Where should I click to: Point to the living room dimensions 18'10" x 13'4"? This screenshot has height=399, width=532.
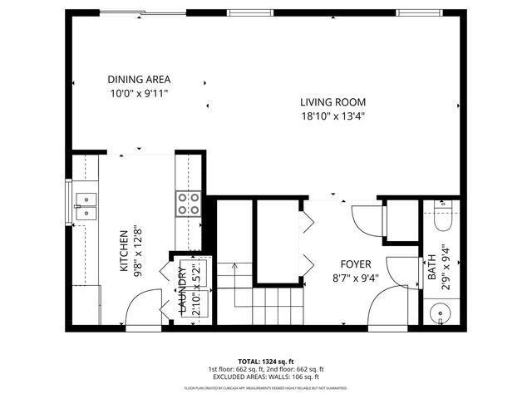click(x=332, y=116)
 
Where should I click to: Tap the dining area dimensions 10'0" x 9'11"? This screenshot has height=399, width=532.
click(x=138, y=93)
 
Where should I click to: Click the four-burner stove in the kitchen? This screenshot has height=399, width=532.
click(x=189, y=204)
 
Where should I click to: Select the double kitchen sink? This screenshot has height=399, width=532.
click(x=86, y=205)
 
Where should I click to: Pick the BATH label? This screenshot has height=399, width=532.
click(x=432, y=266)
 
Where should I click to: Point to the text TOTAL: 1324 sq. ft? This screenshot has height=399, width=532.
click(x=266, y=362)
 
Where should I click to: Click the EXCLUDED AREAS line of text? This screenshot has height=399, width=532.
click(x=266, y=376)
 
